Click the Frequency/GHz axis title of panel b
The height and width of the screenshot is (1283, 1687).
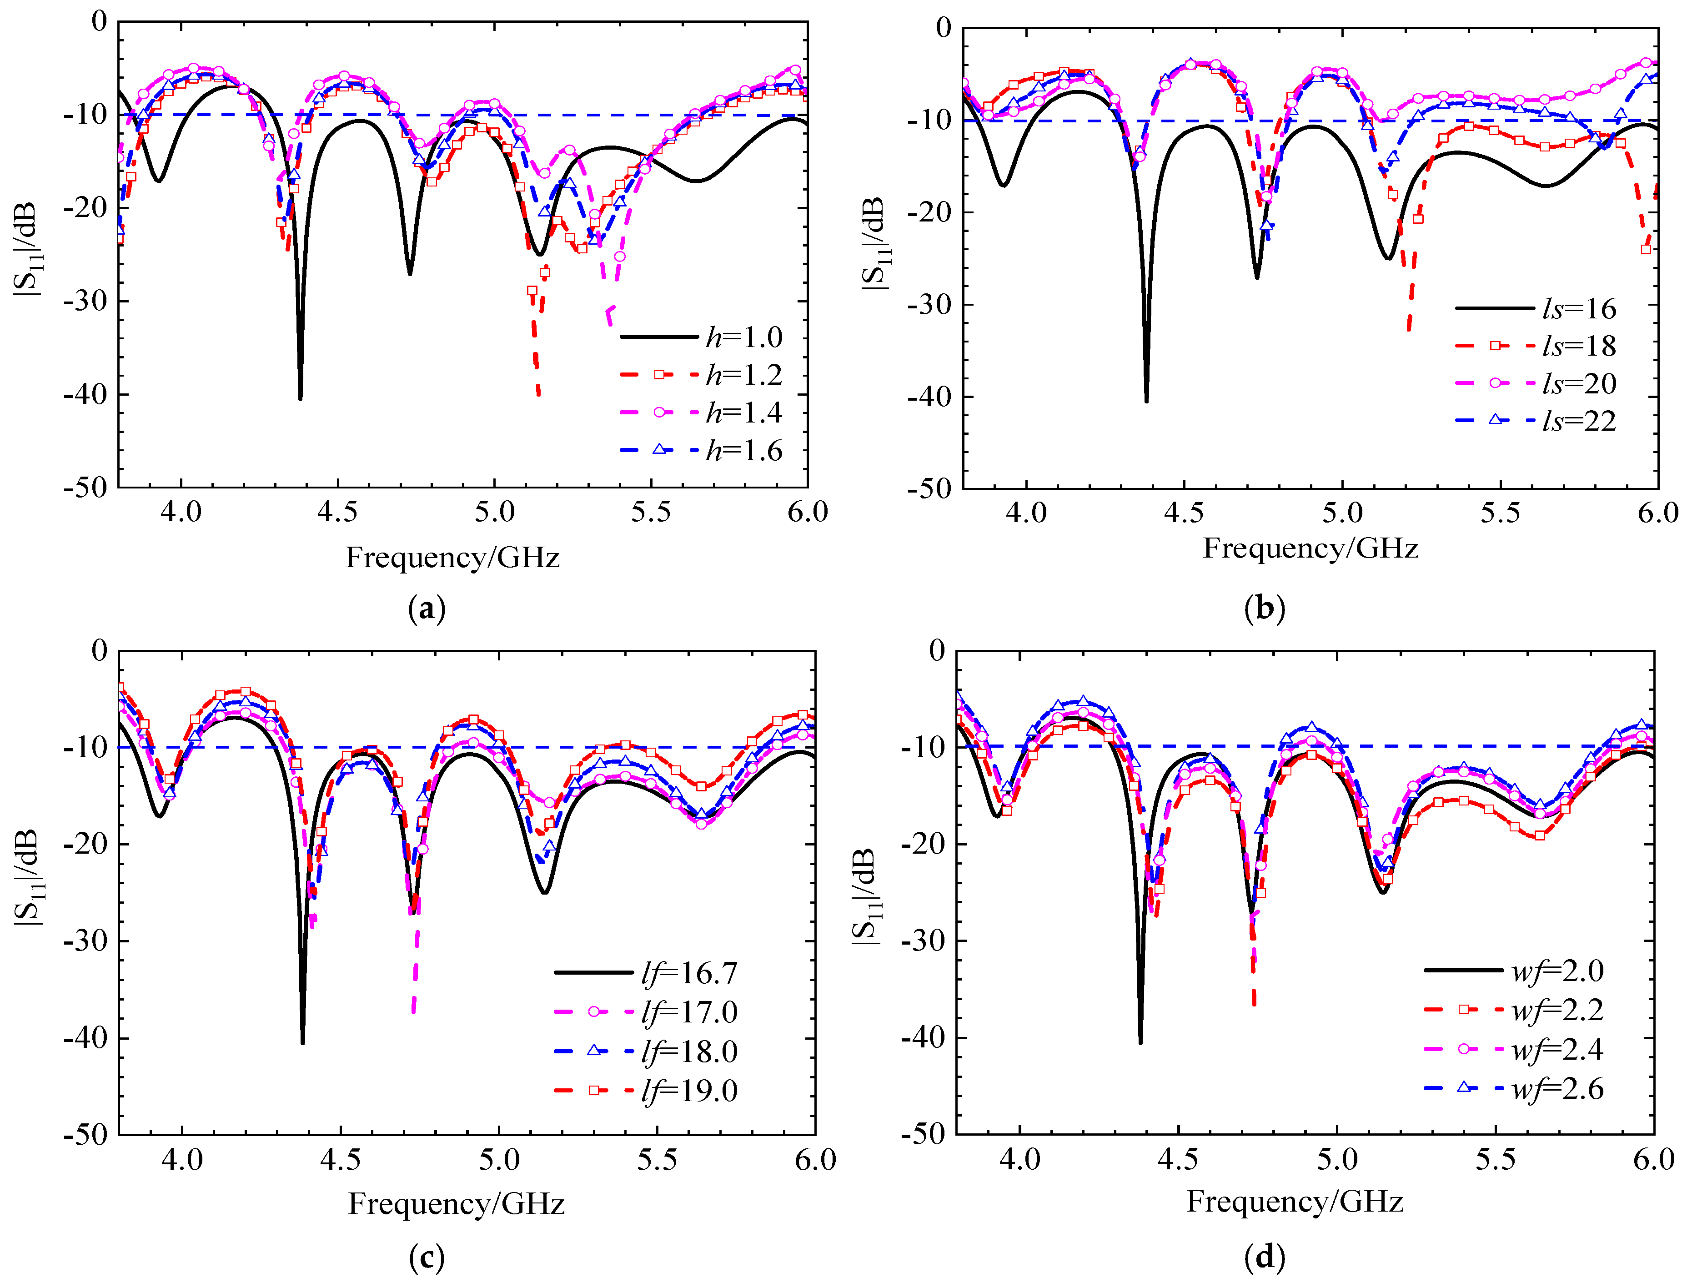pyautogui.click(x=1310, y=548)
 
